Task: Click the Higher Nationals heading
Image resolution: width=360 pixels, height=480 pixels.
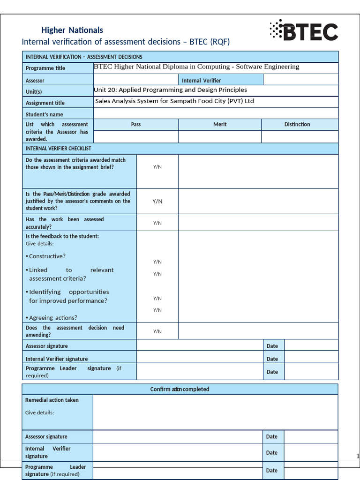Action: [x=72, y=30]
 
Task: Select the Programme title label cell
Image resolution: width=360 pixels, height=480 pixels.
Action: [x=45, y=68]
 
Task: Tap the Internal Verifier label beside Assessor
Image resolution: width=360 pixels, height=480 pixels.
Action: [x=201, y=81]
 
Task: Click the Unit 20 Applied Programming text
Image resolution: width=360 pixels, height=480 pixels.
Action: [x=170, y=90]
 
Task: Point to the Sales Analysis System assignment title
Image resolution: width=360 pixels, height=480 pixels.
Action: [x=174, y=101]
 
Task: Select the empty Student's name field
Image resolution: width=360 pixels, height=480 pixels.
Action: [x=216, y=114]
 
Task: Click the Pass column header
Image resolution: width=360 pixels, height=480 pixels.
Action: [x=136, y=124]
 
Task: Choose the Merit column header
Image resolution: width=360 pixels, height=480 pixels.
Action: [x=220, y=124]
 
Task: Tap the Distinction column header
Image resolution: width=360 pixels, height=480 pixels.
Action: [x=297, y=124]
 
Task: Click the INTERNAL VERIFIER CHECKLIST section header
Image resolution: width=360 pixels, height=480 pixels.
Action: [x=59, y=149]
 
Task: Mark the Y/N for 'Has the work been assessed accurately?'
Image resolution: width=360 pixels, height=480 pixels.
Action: [x=157, y=223]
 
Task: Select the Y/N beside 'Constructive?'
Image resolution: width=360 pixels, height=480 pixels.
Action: [x=157, y=262]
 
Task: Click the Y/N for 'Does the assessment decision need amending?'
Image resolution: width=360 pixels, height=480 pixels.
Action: [x=157, y=331]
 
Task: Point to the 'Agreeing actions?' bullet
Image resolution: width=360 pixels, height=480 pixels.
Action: [x=52, y=318]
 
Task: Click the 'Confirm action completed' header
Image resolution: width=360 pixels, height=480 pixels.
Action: [x=180, y=389]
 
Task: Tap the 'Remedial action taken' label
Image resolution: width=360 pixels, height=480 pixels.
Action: [x=52, y=400]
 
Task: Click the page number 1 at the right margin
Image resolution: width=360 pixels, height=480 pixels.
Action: [x=358, y=457]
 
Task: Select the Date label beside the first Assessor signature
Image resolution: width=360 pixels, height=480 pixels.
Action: [x=272, y=346]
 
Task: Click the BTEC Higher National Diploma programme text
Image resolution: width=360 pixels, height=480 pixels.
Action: [x=196, y=67]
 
